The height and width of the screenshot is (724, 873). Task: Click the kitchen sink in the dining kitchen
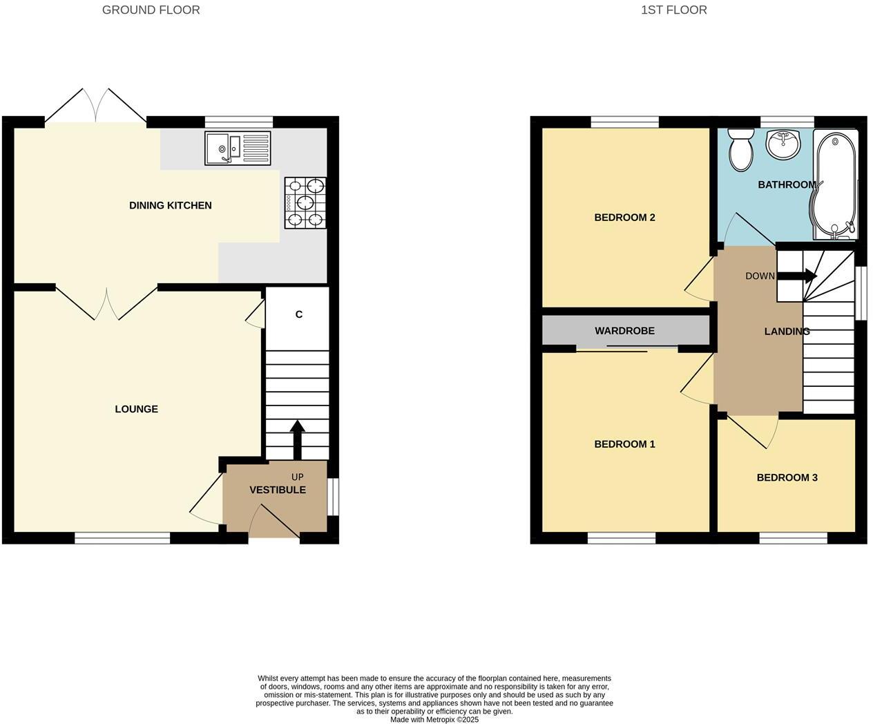click(x=238, y=148)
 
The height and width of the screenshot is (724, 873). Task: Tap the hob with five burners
click(x=305, y=202)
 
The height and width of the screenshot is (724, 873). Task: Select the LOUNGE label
click(x=136, y=409)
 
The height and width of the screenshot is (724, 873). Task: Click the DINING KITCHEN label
click(x=170, y=205)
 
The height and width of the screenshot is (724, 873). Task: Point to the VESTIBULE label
click(x=277, y=490)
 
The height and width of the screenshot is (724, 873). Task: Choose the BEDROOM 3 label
click(x=787, y=477)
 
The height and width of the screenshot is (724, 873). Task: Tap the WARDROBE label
click(x=624, y=331)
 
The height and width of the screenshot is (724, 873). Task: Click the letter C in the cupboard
click(x=299, y=314)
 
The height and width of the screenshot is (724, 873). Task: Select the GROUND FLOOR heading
click(x=151, y=10)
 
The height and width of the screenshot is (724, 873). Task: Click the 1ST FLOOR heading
click(x=673, y=10)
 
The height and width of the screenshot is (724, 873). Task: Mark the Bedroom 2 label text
click(x=624, y=218)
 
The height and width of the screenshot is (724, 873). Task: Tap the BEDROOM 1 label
click(x=624, y=444)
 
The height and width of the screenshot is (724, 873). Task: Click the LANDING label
click(x=787, y=332)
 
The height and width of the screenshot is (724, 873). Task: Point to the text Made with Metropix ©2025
click(x=434, y=719)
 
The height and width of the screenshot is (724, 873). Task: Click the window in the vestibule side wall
click(x=333, y=497)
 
